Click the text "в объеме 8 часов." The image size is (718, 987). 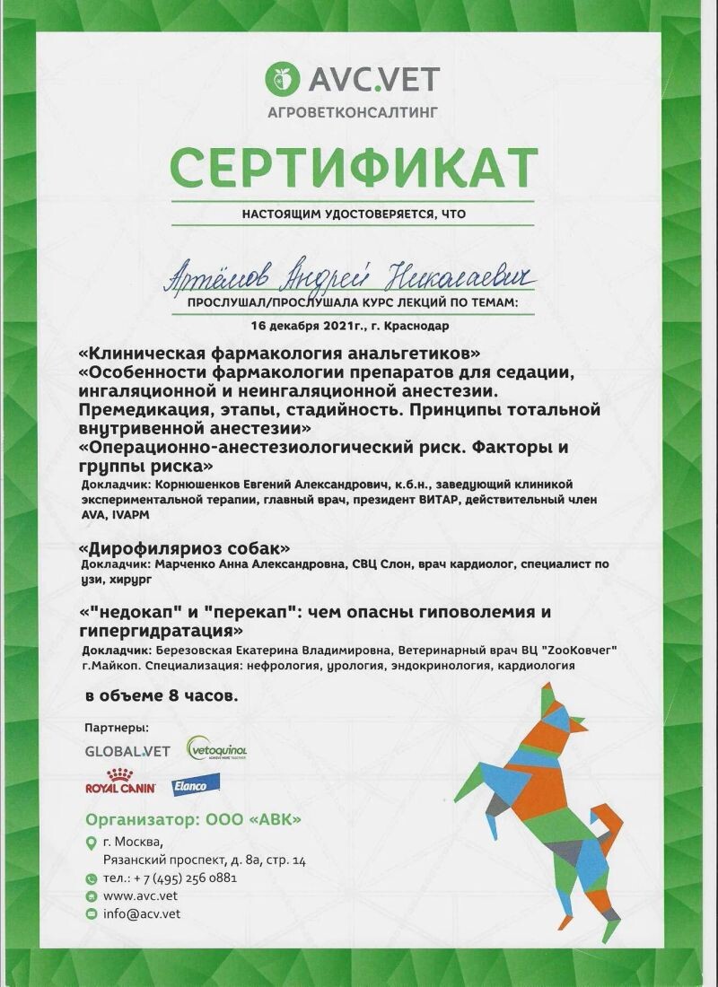(x=162, y=695)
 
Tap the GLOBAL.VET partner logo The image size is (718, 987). (x=127, y=750)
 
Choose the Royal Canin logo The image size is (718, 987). (x=120, y=782)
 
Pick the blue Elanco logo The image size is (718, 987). (x=189, y=784)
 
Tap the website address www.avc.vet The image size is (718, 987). (x=140, y=895)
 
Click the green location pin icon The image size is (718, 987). (x=91, y=842)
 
